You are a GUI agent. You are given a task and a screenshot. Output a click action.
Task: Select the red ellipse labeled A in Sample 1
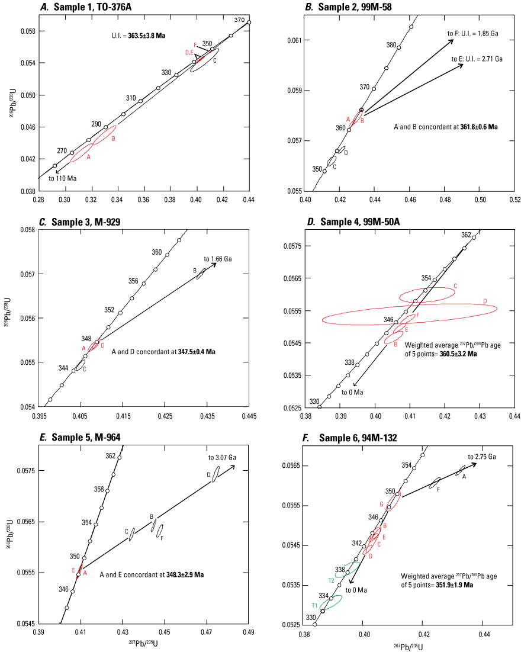(x=81, y=153)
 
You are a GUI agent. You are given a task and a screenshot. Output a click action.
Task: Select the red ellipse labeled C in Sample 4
(x=426, y=294)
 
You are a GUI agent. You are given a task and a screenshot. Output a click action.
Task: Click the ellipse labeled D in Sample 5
(x=216, y=474)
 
